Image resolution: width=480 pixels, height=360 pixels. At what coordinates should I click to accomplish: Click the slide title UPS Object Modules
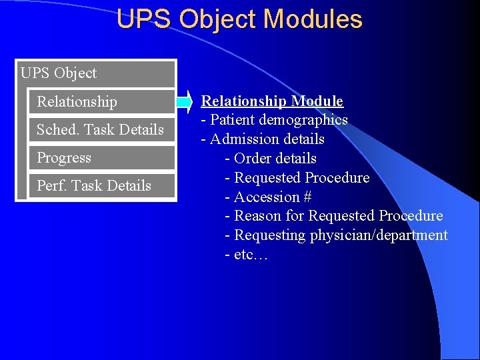pyautogui.click(x=239, y=19)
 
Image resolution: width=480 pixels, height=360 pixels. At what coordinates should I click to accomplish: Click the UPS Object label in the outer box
pyautogui.click(x=59, y=73)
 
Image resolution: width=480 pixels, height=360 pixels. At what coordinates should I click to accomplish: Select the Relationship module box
pyautogui.click(x=101, y=102)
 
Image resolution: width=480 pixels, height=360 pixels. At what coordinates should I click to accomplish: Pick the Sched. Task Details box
pyautogui.click(x=101, y=130)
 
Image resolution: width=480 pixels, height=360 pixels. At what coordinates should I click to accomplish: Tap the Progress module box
pyautogui.click(x=101, y=158)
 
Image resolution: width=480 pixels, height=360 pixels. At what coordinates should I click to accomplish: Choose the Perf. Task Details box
pyautogui.click(x=101, y=186)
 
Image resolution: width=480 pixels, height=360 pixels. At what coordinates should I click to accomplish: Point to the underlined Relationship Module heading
pyautogui.click(x=272, y=101)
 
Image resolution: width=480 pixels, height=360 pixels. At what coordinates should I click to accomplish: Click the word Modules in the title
pyautogui.click(x=313, y=19)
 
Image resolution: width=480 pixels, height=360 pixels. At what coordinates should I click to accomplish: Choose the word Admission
pyautogui.click(x=244, y=139)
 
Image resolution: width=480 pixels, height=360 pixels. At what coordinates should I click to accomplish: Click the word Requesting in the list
pyautogui.click(x=270, y=235)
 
